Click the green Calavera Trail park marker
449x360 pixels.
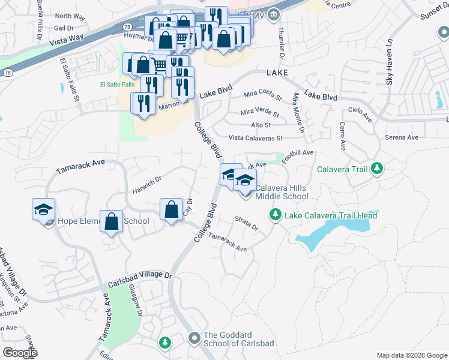coord(377,169)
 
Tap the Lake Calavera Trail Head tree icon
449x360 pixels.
coord(276,214)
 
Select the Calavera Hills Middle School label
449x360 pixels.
coord(282,192)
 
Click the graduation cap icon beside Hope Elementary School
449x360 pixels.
coord(44,209)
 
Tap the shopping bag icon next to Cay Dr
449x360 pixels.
coord(171,209)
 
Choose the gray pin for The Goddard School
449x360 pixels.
coord(194,340)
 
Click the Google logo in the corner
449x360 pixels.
coord(20,353)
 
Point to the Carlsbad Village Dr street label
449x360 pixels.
coord(140,280)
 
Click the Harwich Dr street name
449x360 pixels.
coord(147,185)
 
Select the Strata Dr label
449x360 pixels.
coord(246,224)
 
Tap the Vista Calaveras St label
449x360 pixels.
coord(255,138)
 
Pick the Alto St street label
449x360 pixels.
coord(261,125)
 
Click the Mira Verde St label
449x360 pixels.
coord(260,112)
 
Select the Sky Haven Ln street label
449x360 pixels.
coord(389,63)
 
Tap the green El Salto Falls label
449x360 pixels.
coord(118,85)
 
